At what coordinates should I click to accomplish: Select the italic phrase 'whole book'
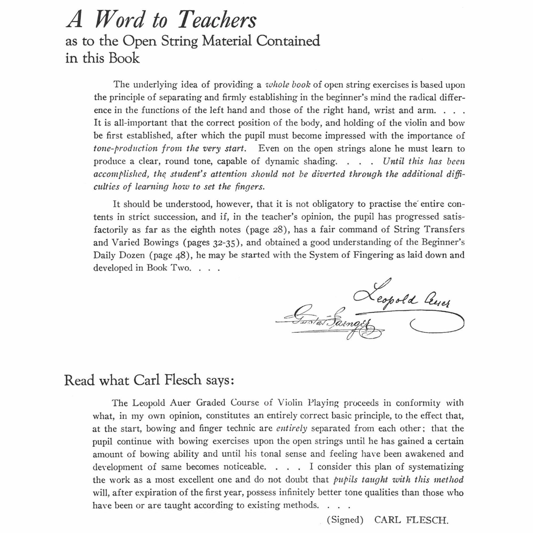tap(288, 84)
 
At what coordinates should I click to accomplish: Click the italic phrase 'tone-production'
tap(125, 149)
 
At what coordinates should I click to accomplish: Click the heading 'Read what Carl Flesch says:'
tap(149, 380)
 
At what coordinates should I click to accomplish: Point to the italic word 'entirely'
tap(292, 428)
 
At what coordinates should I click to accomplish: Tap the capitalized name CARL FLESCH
tap(411, 520)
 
